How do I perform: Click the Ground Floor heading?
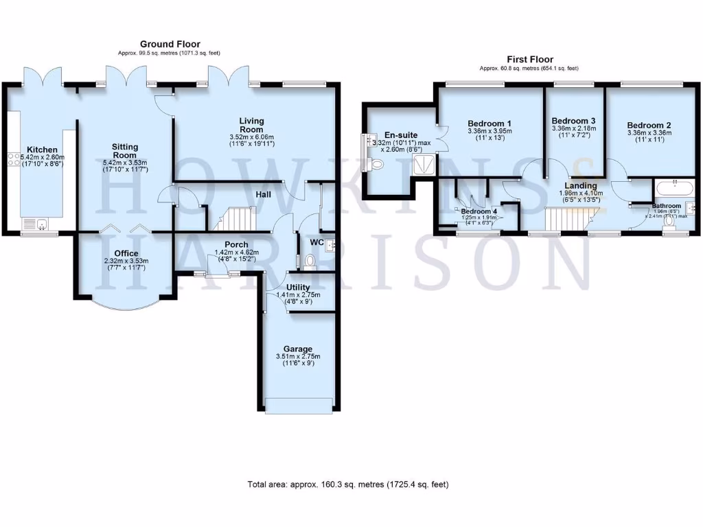[x=170, y=44]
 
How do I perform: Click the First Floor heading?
[x=529, y=60]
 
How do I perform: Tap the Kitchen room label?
[x=42, y=150]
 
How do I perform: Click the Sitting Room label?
[x=126, y=151]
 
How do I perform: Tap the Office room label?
[x=126, y=253]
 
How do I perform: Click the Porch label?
[x=236, y=244]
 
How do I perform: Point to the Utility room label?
[x=298, y=287]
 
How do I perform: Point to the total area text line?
[x=348, y=484]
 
